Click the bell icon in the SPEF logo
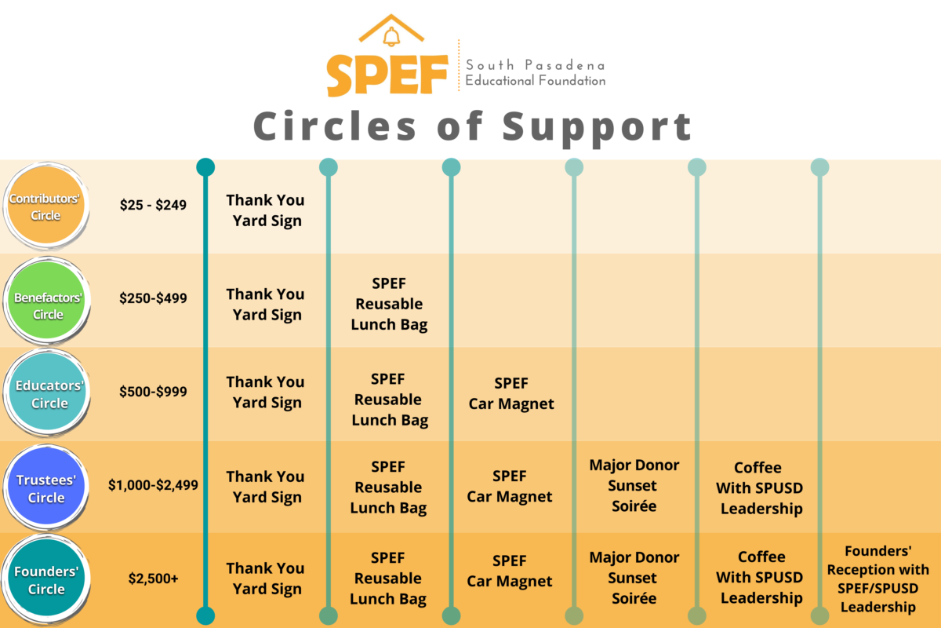point(391,36)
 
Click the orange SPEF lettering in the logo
point(387,75)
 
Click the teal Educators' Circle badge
point(49,394)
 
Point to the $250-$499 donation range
point(154,298)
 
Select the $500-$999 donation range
point(154,391)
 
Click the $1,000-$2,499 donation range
point(154,485)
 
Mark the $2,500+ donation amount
point(154,579)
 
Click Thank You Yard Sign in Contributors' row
point(266,210)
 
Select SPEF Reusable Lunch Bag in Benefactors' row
point(389,304)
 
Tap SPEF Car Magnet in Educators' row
point(511,394)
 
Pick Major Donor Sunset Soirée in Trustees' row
point(634,485)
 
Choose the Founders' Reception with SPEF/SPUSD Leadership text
point(877,579)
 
